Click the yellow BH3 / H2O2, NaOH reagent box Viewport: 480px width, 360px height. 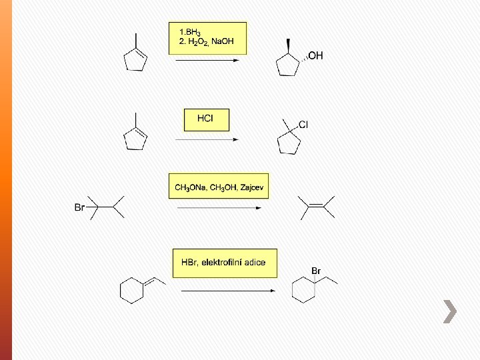tap(207, 39)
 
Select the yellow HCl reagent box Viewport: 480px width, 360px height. tap(206, 119)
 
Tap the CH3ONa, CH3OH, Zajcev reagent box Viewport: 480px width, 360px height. tap(219, 187)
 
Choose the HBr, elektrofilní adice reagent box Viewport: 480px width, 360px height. tap(224, 263)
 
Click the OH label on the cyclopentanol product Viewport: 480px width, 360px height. tap(315, 56)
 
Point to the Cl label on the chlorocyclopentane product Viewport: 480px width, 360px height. tap(303, 125)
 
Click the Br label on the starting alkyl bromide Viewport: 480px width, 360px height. tap(79, 207)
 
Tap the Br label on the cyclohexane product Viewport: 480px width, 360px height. tap(317, 271)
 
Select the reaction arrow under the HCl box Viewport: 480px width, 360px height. tap(206, 140)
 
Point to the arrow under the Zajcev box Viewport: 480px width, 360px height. tap(219, 207)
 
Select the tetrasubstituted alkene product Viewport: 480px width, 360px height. tap(316, 207)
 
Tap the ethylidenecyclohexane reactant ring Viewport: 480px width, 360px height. tap(133, 290)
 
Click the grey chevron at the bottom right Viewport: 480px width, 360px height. tap(451, 311)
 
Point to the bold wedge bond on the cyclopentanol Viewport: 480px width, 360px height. tap(288, 46)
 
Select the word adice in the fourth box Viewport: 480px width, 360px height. tap(255, 263)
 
